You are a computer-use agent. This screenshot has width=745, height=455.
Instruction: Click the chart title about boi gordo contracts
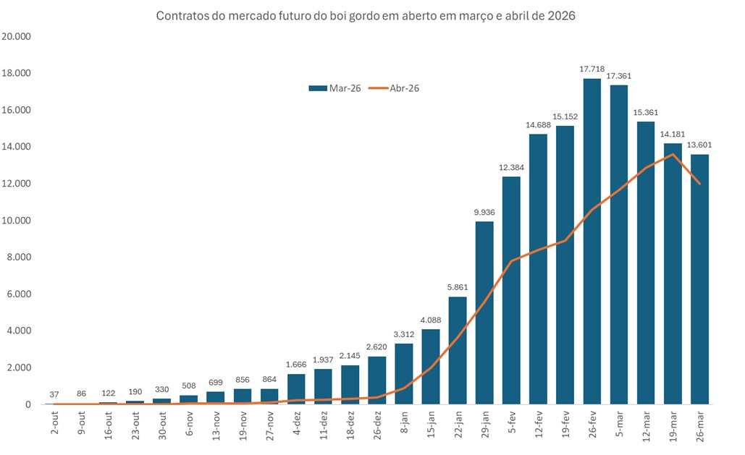366,16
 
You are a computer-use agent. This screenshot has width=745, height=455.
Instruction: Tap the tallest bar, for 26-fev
592,242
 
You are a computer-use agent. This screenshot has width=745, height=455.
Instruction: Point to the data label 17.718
592,69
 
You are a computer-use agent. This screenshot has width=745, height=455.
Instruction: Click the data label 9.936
484,213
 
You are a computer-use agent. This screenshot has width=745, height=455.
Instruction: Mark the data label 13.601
700,145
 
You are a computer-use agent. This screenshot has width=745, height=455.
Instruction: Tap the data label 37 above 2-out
55,394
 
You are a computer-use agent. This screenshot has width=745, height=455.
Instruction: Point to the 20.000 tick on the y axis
16,36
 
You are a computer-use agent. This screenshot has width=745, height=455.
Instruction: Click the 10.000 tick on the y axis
16,221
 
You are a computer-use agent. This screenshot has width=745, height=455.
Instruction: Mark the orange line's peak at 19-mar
673,154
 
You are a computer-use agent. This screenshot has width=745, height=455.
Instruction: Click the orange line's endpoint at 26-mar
699,184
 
